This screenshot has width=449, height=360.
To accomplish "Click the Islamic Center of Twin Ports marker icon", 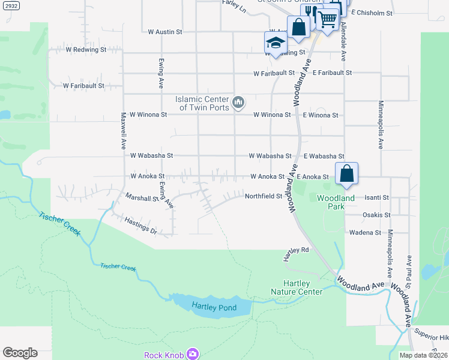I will point(238,103).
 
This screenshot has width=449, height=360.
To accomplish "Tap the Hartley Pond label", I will point(214,308).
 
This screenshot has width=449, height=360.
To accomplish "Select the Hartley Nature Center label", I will point(297,288).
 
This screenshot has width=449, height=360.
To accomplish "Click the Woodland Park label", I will point(336,202).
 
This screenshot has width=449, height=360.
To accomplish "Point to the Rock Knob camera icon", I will point(193,354).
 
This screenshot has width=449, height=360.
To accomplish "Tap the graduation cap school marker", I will point(276,43).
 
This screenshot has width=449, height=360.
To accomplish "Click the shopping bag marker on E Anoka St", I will point(347,173).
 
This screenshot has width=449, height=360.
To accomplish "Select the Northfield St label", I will point(263,196).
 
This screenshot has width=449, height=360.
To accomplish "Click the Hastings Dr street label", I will point(140,226).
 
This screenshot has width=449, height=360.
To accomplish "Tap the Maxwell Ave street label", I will point(122,130).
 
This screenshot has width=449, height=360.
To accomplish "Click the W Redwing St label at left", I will point(86,50).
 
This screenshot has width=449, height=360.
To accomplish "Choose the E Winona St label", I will point(321,115).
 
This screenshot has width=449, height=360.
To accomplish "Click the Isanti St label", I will point(377,197).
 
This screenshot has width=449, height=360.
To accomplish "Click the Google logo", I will point(20,352).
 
